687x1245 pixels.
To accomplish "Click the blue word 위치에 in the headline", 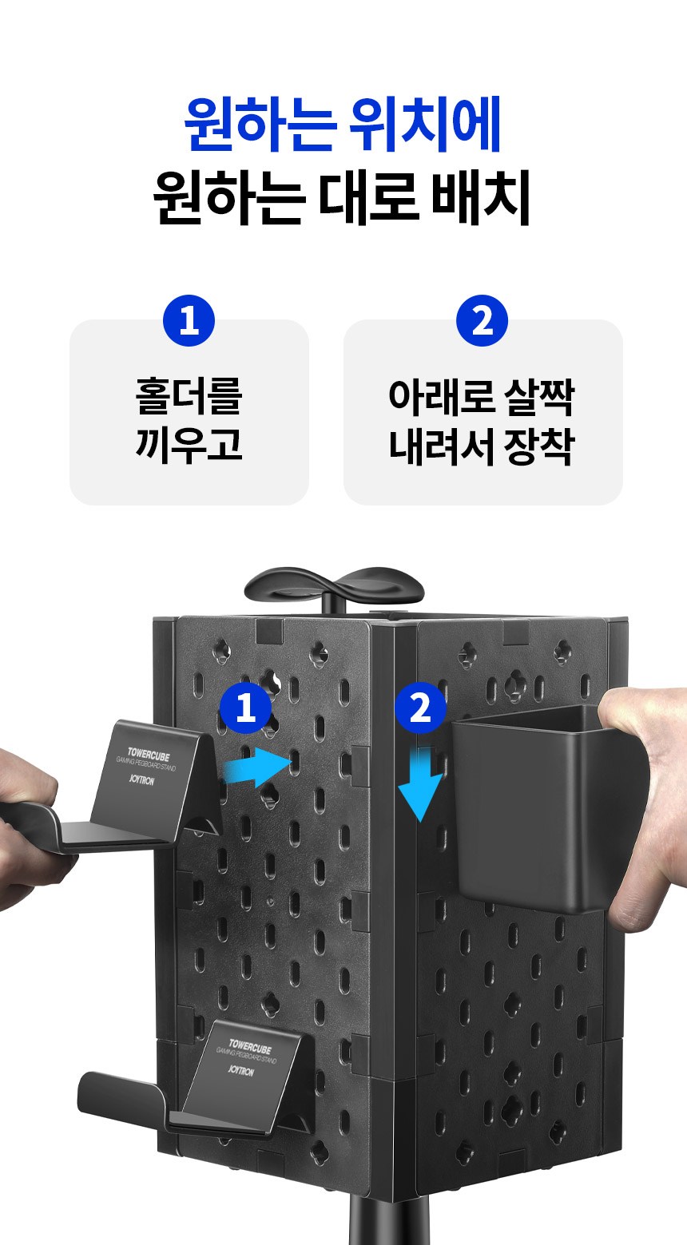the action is tap(425, 124).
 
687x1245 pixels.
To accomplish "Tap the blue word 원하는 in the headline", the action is tap(260, 124).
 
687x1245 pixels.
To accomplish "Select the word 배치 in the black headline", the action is tap(481, 198).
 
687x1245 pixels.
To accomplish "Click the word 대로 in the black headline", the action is tap(368, 198).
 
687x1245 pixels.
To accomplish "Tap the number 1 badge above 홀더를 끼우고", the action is tap(189, 321).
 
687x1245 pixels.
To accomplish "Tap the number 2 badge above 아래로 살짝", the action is tap(482, 321).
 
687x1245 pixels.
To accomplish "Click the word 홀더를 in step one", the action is tap(189, 396).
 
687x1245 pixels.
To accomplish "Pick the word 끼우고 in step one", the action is tap(189, 445).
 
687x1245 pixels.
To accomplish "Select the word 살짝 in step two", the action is tap(538, 397).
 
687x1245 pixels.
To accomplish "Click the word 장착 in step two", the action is tap(538, 446).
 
